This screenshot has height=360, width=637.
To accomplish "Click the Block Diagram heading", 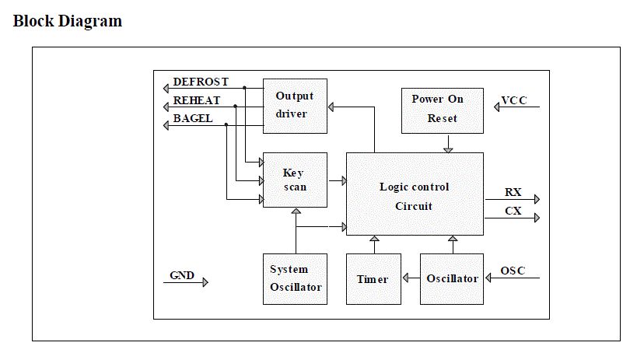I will click(68, 21).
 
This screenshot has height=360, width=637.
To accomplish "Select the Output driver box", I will click(295, 106).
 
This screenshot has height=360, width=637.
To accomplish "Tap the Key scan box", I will click(295, 180).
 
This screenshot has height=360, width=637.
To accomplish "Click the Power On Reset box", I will click(442, 110).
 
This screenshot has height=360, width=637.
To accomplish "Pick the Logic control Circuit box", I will click(414, 194).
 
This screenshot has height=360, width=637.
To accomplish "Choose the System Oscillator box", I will click(295, 278).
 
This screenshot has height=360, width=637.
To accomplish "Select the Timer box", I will click(373, 278).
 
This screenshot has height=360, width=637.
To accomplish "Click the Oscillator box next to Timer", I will click(452, 278).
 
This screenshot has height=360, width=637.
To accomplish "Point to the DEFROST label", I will click(201, 82).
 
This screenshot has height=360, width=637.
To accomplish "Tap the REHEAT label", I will click(196, 100).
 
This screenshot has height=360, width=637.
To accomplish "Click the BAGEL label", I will click(192, 119).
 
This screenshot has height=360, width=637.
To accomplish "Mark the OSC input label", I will click(513, 271).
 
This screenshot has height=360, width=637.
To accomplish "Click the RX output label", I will click(513, 192).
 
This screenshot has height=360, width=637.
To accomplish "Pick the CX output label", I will click(513, 211).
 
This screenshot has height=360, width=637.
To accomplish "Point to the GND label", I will click(182, 275).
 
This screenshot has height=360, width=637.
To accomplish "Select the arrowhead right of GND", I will click(205, 283).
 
